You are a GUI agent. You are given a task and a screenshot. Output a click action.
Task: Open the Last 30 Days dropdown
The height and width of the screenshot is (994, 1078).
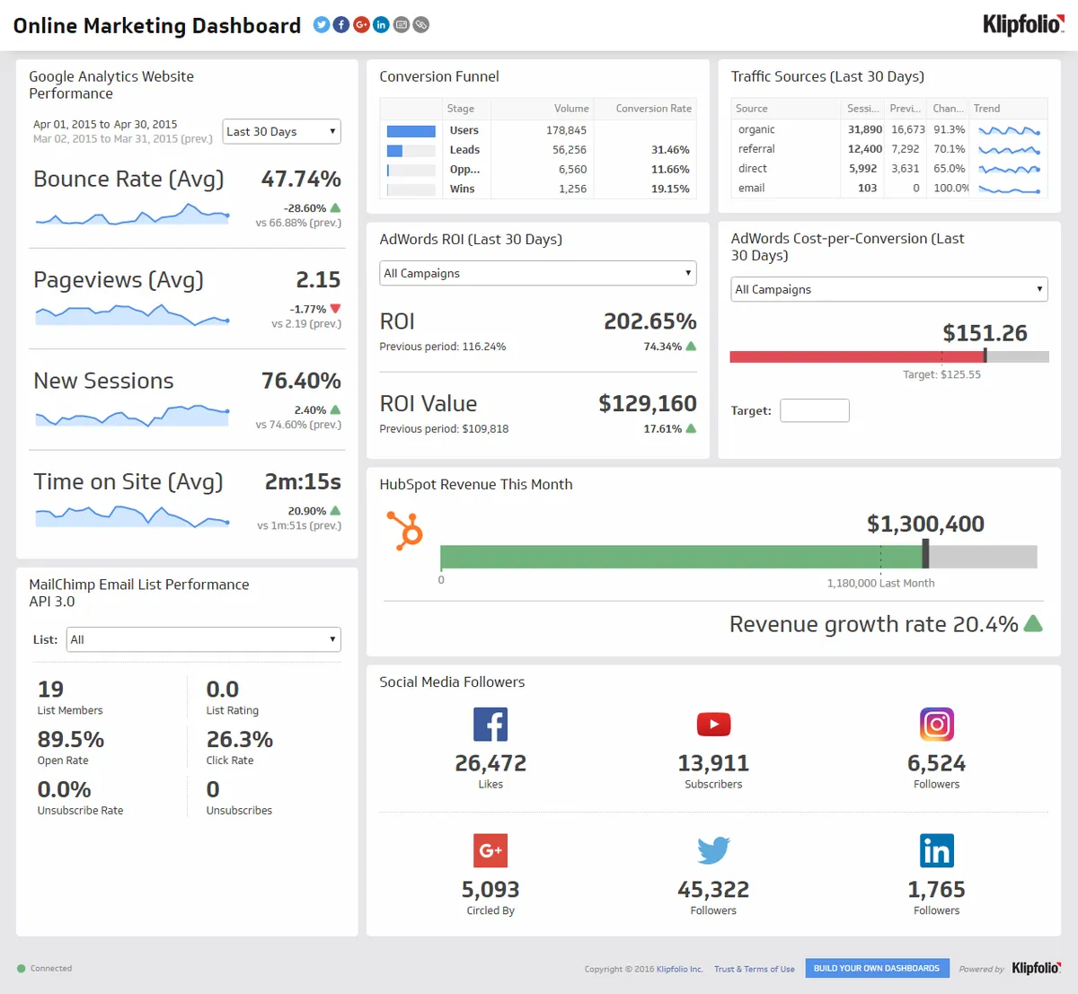pyautogui.click(x=281, y=132)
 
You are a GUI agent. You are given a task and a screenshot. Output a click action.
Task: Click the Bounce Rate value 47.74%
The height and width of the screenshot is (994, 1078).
pyautogui.click(x=301, y=180)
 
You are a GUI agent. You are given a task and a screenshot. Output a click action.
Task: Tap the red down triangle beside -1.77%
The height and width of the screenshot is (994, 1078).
pyautogui.click(x=335, y=309)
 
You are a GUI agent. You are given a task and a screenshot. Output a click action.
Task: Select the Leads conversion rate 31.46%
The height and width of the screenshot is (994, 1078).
pyautogui.click(x=670, y=150)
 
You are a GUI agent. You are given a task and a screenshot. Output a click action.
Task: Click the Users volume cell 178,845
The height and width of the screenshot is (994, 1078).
pyautogui.click(x=566, y=130)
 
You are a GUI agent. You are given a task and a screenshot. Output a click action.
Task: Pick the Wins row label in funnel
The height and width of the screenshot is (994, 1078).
pyautogui.click(x=463, y=189)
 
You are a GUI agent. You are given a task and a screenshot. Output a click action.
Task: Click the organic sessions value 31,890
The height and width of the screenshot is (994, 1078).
pyautogui.click(x=864, y=129)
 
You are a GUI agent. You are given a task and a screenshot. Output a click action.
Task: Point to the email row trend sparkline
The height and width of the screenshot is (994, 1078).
pyautogui.click(x=1010, y=189)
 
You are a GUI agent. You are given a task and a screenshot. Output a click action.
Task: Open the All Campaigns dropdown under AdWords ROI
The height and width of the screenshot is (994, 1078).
pyautogui.click(x=537, y=273)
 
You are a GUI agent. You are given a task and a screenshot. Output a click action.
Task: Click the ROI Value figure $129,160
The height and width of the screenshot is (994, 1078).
pyautogui.click(x=648, y=404)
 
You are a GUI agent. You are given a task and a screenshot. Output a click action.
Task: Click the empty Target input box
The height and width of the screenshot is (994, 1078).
pyautogui.click(x=814, y=410)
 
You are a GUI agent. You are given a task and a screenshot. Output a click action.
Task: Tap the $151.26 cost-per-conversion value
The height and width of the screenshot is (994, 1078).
pyautogui.click(x=985, y=333)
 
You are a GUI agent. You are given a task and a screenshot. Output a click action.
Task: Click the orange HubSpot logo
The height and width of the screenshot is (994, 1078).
pyautogui.click(x=405, y=530)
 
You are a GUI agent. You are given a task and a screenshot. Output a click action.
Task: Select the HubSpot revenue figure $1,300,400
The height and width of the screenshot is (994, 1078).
pyautogui.click(x=925, y=524)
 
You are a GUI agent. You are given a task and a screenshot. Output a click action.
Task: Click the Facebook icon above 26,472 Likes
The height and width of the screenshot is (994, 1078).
pyautogui.click(x=490, y=724)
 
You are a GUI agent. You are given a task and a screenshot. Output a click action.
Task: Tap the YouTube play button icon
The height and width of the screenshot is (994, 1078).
pyautogui.click(x=713, y=724)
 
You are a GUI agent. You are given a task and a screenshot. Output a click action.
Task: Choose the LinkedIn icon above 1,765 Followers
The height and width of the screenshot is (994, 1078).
pyautogui.click(x=936, y=850)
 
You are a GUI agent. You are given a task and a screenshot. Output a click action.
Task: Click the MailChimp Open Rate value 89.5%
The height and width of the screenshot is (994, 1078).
pyautogui.click(x=71, y=740)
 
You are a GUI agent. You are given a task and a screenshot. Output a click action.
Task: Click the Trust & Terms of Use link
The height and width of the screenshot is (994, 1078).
pyautogui.click(x=754, y=969)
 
